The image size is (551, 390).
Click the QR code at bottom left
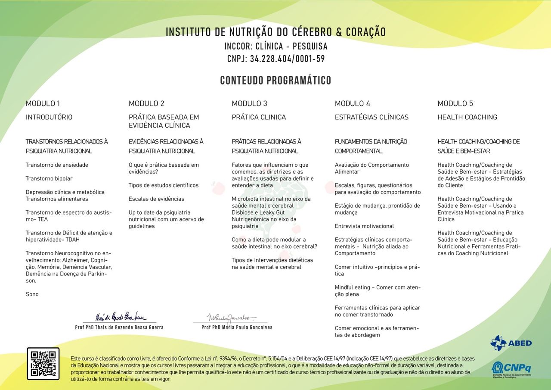point(43,363)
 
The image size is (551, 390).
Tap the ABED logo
point(511,343)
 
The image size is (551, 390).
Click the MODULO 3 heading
point(249,103)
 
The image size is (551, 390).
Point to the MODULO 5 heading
point(455,103)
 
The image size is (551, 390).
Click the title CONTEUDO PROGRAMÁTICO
point(275,81)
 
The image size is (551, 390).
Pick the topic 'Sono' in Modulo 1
point(32,294)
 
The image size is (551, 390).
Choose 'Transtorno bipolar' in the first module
point(49,178)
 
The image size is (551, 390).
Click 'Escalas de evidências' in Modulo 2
point(156,199)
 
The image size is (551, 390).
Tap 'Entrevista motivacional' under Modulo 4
point(364,226)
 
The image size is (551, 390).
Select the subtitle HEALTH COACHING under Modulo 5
point(467,117)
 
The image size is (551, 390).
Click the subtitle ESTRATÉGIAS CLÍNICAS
point(371,117)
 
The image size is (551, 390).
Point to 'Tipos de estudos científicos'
point(164,185)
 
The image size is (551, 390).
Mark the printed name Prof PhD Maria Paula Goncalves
point(237,328)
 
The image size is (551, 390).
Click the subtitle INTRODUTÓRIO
point(49,117)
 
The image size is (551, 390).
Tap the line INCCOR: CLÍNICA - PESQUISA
point(275,46)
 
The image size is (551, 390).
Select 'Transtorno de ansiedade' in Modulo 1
point(57,165)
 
